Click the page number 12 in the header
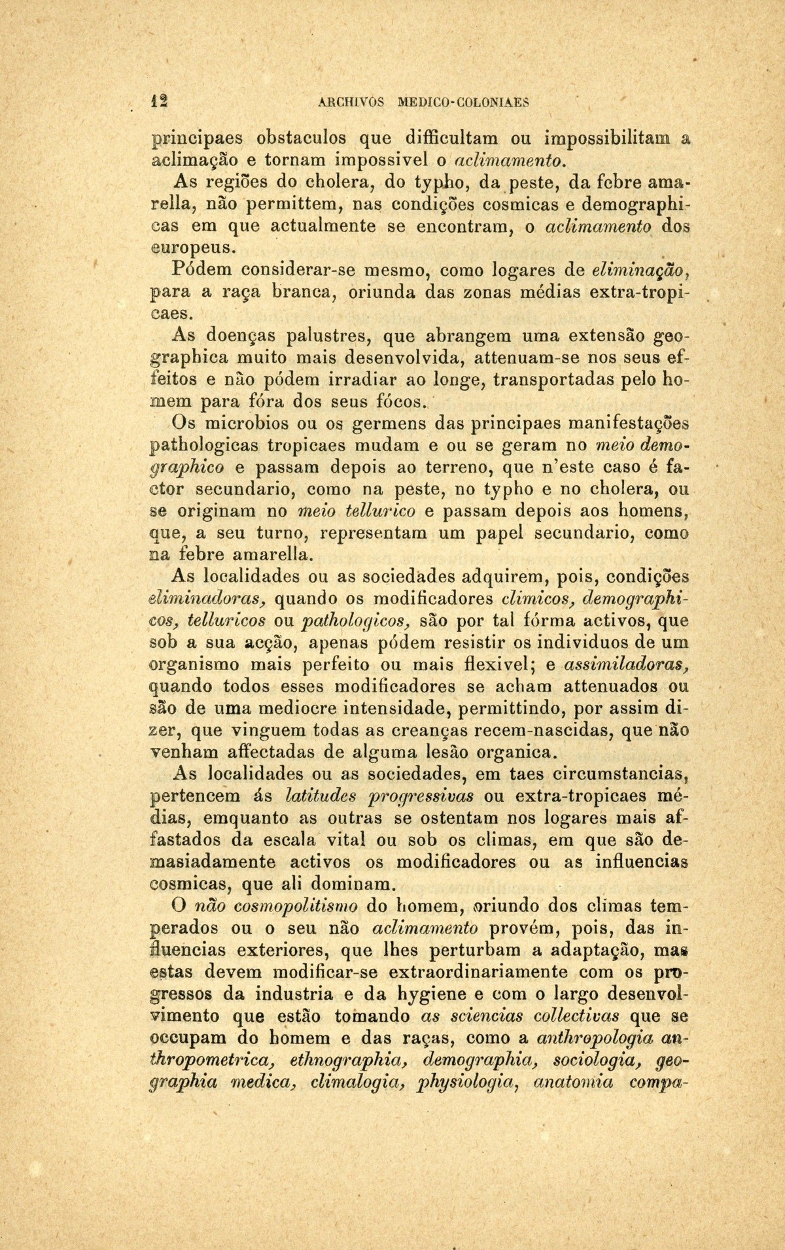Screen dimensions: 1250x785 pos(157,101)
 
